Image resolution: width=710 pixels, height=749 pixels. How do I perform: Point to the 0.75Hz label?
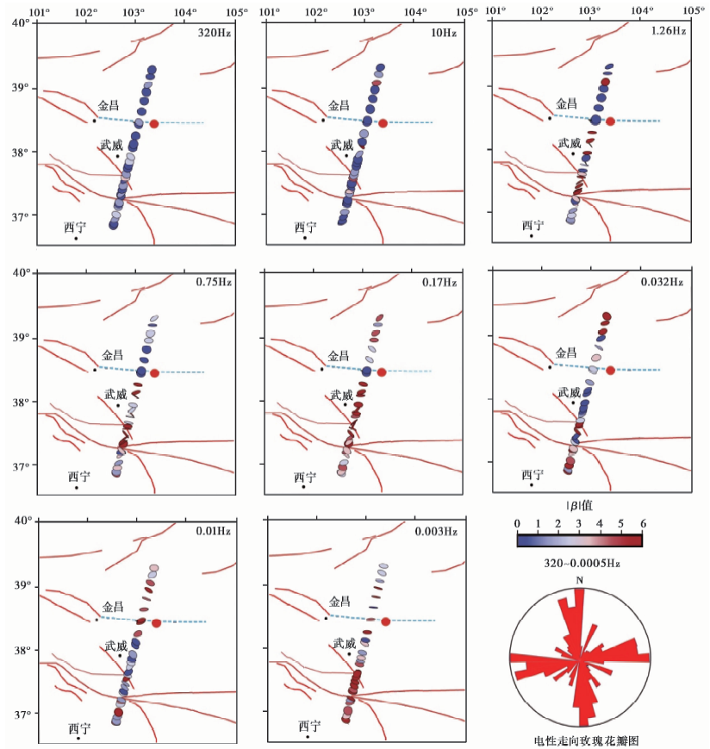click(x=215, y=281)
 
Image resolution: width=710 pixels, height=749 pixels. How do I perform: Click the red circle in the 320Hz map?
click(x=154, y=123)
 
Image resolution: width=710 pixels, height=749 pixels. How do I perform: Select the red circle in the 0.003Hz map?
click(x=385, y=621)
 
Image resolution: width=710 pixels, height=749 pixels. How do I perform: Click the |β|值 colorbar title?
click(x=580, y=507)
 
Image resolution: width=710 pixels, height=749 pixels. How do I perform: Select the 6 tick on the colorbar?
click(x=643, y=523)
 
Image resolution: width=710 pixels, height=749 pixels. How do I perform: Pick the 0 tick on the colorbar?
click(x=517, y=523)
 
